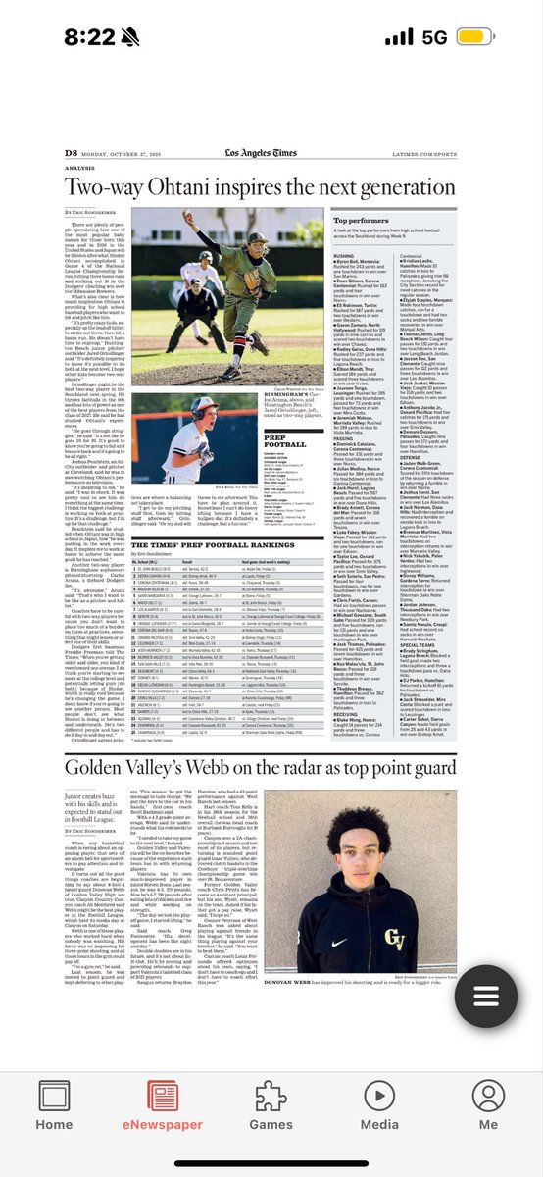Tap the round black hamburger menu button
pyautogui.click(x=487, y=994)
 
